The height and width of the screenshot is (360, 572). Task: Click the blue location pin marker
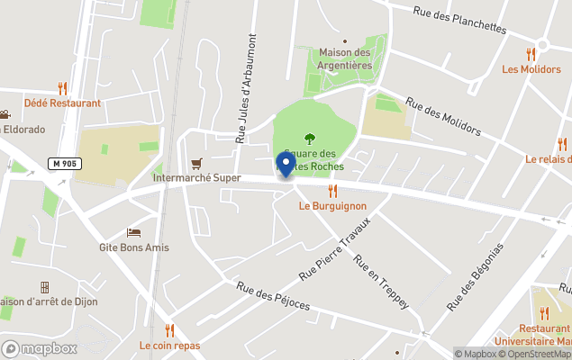pos(286,165)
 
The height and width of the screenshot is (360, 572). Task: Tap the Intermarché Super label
pos(196,178)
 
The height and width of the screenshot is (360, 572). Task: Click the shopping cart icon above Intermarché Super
pos(196,163)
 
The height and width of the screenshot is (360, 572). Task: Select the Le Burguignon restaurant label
pos(332,205)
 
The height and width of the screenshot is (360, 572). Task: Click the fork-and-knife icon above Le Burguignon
pos(332,190)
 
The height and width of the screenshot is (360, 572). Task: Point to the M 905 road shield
pos(61,163)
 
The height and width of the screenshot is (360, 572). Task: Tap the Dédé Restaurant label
pos(62,103)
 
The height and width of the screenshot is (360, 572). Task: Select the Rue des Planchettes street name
pos(459,19)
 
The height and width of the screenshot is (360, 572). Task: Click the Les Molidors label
pos(531,69)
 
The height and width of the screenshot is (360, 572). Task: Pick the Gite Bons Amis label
pos(134,247)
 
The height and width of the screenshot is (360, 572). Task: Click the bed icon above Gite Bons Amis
pos(133,232)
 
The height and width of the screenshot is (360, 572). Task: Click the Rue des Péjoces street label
pos(274,296)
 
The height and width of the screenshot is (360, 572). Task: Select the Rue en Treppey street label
pos(381,282)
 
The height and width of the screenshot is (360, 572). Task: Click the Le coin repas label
pos(169,346)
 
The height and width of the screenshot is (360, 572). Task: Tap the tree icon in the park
pos(310,139)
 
